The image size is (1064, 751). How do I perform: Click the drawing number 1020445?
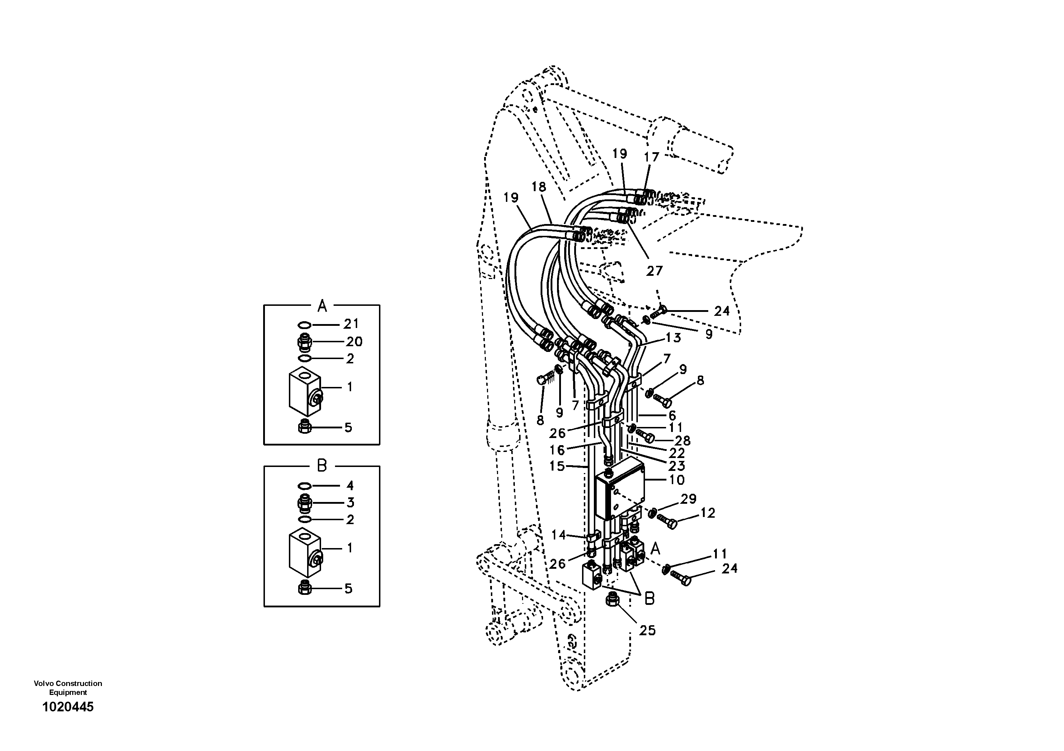pyautogui.click(x=68, y=707)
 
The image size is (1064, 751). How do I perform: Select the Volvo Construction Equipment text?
pyautogui.click(x=68, y=687)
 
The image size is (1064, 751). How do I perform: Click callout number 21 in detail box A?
pyautogui.click(x=351, y=324)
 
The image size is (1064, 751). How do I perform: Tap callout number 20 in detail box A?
pyautogui.click(x=354, y=342)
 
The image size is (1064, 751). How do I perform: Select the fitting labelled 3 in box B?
pyautogui.click(x=305, y=502)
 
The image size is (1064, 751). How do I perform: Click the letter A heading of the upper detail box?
pyautogui.click(x=322, y=306)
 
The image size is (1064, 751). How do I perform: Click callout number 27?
pyautogui.click(x=654, y=271)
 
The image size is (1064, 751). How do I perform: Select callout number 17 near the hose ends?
pyautogui.click(x=651, y=158)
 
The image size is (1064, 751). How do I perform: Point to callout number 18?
pyautogui.click(x=539, y=187)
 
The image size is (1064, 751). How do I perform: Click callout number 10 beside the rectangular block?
pyautogui.click(x=676, y=480)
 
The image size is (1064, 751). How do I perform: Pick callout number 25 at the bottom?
pyautogui.click(x=647, y=630)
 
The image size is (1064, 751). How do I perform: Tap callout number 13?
pyautogui.click(x=673, y=338)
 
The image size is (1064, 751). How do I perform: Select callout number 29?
pyautogui.click(x=688, y=499)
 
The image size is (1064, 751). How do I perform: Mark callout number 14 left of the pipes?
pyautogui.click(x=558, y=535)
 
